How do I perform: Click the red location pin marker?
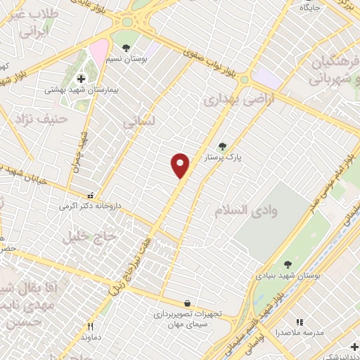click(x=181, y=165)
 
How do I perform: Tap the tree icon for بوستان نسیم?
click(x=125, y=48)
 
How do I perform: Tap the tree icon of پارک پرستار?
click(x=222, y=146)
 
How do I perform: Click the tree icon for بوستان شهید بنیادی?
click(x=288, y=264)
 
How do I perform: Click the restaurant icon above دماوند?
click(x=89, y=326)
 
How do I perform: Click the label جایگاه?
click(x=310, y=8)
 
